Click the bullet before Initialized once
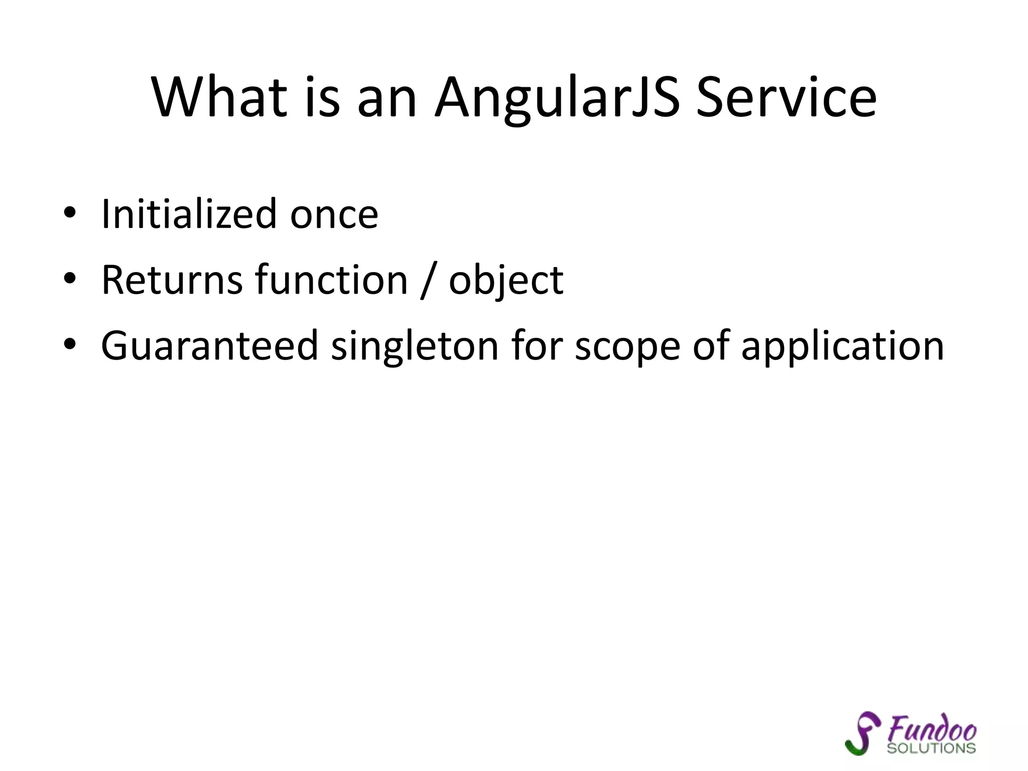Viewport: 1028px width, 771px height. coord(70,214)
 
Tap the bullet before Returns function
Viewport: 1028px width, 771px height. coord(70,279)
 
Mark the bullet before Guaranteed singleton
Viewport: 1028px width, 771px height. coord(70,345)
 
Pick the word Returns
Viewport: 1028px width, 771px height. coord(172,280)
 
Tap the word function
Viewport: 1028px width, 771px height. coord(331,280)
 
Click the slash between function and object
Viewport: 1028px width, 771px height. coord(428,281)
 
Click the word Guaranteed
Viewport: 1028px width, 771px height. coord(209,346)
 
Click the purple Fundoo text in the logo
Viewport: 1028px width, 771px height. coord(932,728)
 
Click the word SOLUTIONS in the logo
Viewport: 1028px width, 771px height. coord(931,748)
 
